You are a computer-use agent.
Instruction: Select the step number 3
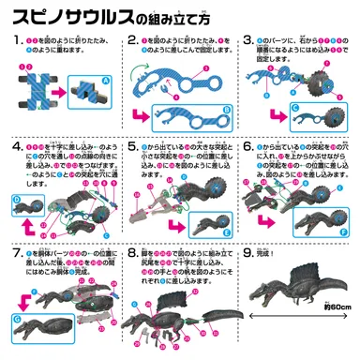tap(247, 42)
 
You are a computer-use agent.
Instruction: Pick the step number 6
tap(247, 147)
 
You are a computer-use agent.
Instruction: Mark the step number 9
tap(247, 253)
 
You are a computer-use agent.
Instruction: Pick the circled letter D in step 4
tap(18, 199)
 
